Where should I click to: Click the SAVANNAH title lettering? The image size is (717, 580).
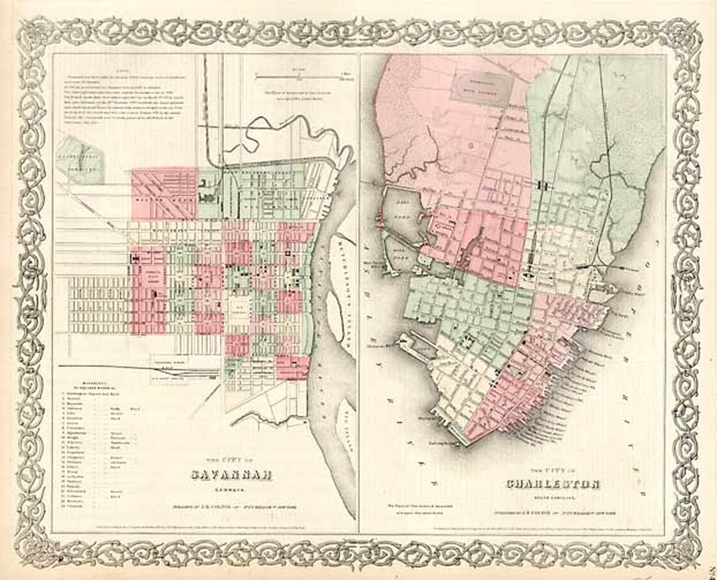[x=231, y=475]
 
